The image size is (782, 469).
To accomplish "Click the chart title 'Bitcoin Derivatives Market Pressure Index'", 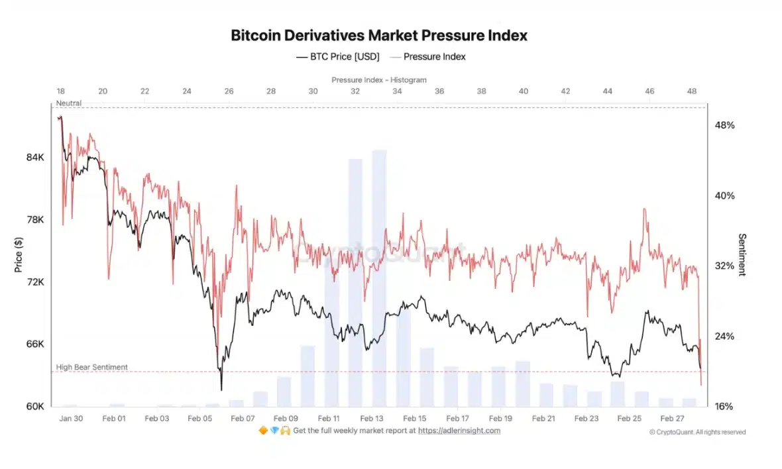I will point(379,36).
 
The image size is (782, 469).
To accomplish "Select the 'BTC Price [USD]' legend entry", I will point(337,57).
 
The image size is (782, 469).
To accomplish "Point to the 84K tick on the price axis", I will point(35,158).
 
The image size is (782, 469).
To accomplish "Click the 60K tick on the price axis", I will point(35,406).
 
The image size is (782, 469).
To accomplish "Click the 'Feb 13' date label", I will point(371,419).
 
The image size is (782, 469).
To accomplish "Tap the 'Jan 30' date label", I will point(71,419).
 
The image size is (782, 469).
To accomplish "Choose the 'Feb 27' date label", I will point(672,419).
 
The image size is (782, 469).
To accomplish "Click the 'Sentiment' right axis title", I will point(742,254).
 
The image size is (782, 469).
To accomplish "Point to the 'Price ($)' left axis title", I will point(18,254).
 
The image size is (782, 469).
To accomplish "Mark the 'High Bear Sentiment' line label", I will point(91,367).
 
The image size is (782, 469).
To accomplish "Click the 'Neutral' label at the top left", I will point(69,103).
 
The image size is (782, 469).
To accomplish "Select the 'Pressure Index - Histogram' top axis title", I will point(379,79).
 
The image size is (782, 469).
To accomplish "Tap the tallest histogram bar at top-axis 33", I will point(379,278).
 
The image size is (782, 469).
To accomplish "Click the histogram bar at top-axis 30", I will point(307,376).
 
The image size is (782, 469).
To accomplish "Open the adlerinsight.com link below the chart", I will point(459,431).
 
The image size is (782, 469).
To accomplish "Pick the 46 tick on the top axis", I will point(649,91).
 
